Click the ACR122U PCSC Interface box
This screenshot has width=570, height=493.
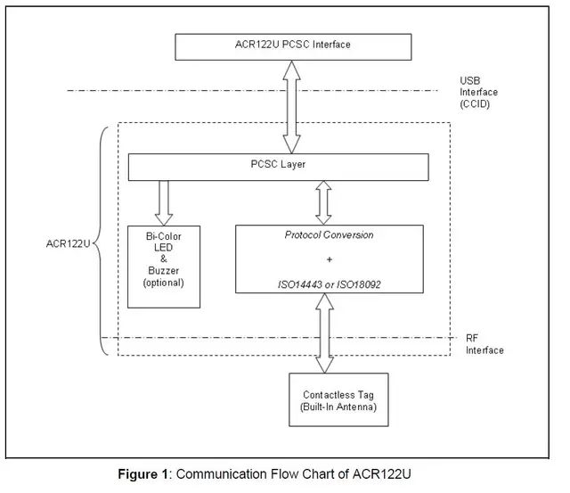pyautogui.click(x=293, y=47)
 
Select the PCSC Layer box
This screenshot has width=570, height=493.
pyautogui.click(x=279, y=167)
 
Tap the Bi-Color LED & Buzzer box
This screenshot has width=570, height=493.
pyautogui.click(x=164, y=267)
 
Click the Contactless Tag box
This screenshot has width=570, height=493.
pyautogui.click(x=338, y=399)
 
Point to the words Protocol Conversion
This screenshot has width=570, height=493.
pyautogui.click(x=329, y=235)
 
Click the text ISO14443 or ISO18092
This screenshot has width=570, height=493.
pyautogui.click(x=330, y=284)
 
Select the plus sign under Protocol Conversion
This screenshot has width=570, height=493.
pyautogui.click(x=330, y=259)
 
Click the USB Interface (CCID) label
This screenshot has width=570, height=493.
pyautogui.click(x=478, y=93)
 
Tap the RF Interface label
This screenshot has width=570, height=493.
pyautogui.click(x=484, y=344)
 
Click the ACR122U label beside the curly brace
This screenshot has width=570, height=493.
pyautogui.click(x=68, y=243)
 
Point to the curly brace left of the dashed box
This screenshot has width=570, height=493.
pyautogui.click(x=101, y=241)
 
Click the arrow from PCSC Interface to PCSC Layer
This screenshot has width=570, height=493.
pyautogui.click(x=291, y=107)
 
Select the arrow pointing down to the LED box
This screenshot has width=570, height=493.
pyautogui.click(x=164, y=203)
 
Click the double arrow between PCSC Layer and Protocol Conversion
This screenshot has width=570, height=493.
pyautogui.click(x=323, y=202)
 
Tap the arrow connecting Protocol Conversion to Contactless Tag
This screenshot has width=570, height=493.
pyautogui.click(x=324, y=333)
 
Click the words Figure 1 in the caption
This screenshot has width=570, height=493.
pyautogui.click(x=142, y=474)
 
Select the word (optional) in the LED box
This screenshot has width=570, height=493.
pyautogui.click(x=163, y=283)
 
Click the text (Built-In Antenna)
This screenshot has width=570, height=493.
pyautogui.click(x=338, y=407)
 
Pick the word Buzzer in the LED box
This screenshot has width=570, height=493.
pyautogui.click(x=164, y=271)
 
